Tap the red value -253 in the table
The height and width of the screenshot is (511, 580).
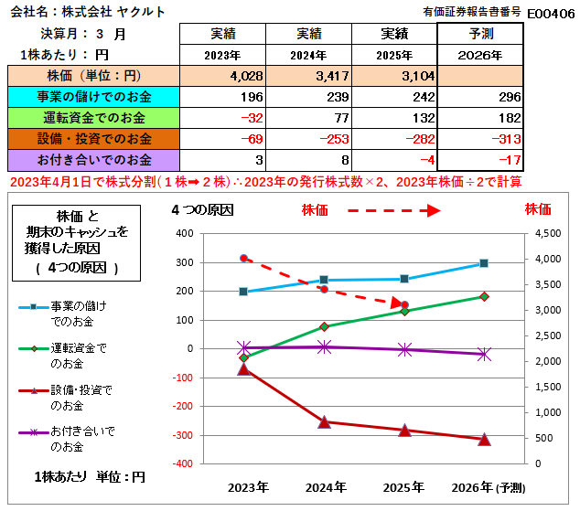pyautogui.click(x=306, y=139)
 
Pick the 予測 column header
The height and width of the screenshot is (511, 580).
pyautogui.click(x=480, y=34)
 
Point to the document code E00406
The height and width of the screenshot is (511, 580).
pyautogui.click(x=551, y=12)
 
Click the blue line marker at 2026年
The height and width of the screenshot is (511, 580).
pyautogui.click(x=484, y=263)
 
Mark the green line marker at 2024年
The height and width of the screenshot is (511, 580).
pyautogui.click(x=324, y=326)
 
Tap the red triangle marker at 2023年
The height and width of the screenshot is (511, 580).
pyautogui.click(x=243, y=368)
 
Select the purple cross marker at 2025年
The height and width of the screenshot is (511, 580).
pyautogui.click(x=403, y=349)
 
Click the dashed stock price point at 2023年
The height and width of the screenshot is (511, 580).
pyautogui.click(x=243, y=259)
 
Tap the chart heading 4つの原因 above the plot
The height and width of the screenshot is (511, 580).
pyautogui.click(x=202, y=210)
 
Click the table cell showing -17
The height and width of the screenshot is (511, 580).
pyautogui.click(x=509, y=161)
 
